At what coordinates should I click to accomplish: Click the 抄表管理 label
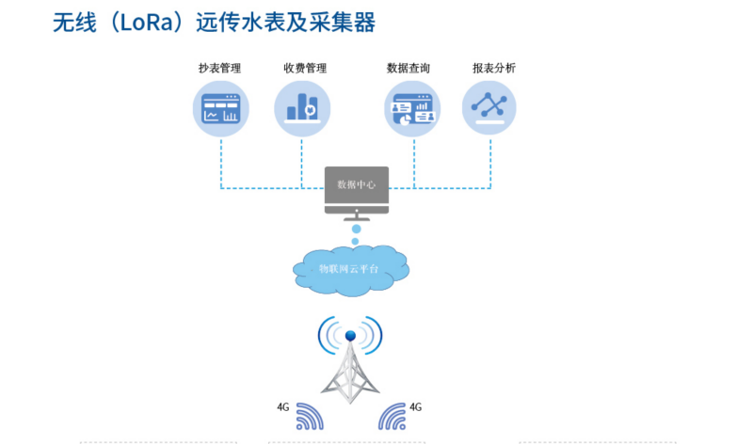click(x=219, y=69)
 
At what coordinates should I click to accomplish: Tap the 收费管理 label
click(x=304, y=69)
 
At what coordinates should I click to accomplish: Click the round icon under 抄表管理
click(x=221, y=107)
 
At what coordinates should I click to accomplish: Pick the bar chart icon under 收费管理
click(x=303, y=107)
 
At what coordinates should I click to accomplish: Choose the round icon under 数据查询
click(x=413, y=107)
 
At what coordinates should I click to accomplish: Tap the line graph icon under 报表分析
click(x=489, y=107)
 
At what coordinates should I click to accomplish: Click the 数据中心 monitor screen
click(x=357, y=185)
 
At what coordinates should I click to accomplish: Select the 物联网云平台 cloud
click(x=350, y=269)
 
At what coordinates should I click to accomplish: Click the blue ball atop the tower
click(x=350, y=335)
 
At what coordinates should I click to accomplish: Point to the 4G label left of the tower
click(x=282, y=407)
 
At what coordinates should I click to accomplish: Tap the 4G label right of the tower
click(x=416, y=407)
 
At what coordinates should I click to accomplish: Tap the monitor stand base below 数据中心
click(x=356, y=217)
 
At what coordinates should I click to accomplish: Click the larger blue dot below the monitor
click(x=356, y=229)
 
